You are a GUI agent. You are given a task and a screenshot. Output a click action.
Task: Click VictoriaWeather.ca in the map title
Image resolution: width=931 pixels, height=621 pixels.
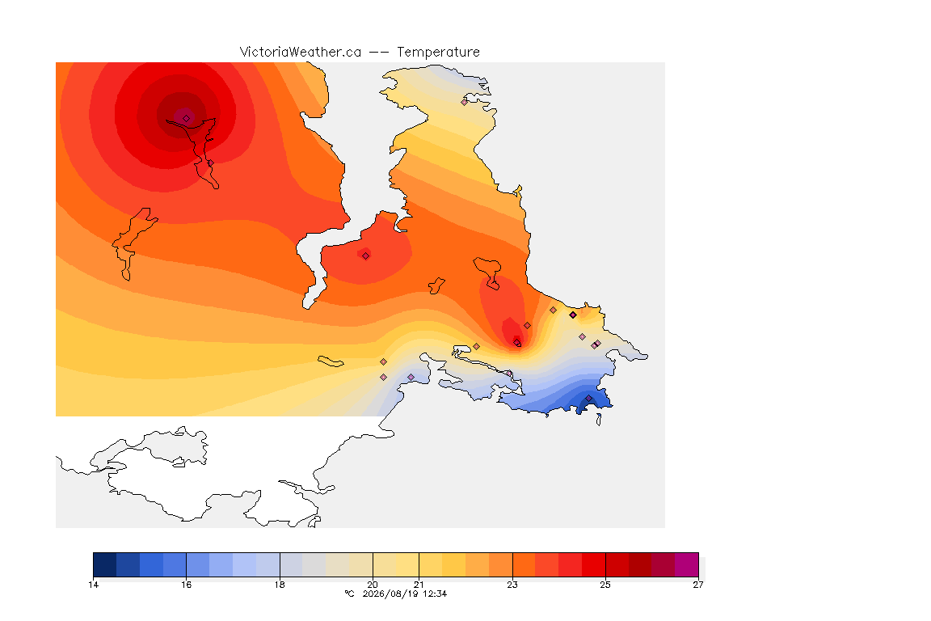[x=301, y=52]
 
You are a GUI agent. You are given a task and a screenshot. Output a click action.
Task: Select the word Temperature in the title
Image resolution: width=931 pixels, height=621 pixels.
[x=438, y=53]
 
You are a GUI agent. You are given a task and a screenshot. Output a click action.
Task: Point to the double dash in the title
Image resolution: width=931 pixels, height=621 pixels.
[x=379, y=53]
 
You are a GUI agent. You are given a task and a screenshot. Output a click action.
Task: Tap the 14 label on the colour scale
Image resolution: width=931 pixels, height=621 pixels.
[x=93, y=585]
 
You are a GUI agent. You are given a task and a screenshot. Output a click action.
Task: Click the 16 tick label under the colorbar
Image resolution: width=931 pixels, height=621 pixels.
[x=187, y=585]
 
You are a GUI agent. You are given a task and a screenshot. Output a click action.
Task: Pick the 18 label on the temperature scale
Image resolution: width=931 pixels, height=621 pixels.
[x=280, y=585]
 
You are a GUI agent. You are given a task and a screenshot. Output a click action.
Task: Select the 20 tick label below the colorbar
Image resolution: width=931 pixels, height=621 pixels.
[x=373, y=585]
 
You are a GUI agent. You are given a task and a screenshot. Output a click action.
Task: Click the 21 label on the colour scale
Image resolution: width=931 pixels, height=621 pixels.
[x=419, y=585]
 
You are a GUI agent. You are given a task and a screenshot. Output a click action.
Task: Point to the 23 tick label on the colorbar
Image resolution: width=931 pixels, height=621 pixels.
[x=512, y=585]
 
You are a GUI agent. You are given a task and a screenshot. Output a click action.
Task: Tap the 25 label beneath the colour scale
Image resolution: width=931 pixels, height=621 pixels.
[x=605, y=585]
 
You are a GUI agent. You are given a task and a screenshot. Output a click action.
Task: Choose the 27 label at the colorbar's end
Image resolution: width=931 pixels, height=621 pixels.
[x=698, y=585]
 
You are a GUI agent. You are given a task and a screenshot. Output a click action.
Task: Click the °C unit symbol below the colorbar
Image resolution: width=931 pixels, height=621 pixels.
[x=349, y=594]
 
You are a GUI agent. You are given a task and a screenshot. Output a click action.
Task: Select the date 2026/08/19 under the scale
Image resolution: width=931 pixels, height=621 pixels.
[x=390, y=594]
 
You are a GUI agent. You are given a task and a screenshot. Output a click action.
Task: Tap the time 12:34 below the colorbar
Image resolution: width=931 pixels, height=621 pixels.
[x=435, y=594]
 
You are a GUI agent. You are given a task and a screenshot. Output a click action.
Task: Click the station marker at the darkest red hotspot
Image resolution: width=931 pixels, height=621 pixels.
[x=187, y=118]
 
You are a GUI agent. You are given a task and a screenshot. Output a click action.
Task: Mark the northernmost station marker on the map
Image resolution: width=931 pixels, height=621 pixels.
[x=465, y=102]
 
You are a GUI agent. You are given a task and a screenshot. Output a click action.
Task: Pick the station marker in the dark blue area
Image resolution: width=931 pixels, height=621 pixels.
[x=588, y=399]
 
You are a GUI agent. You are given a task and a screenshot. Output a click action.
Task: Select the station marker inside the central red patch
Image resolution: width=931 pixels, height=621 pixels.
[x=366, y=256]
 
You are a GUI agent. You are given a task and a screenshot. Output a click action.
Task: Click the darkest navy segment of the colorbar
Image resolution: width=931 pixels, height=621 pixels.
[x=105, y=564]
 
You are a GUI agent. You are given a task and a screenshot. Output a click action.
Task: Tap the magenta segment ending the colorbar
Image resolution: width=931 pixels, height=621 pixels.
[x=686, y=564]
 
